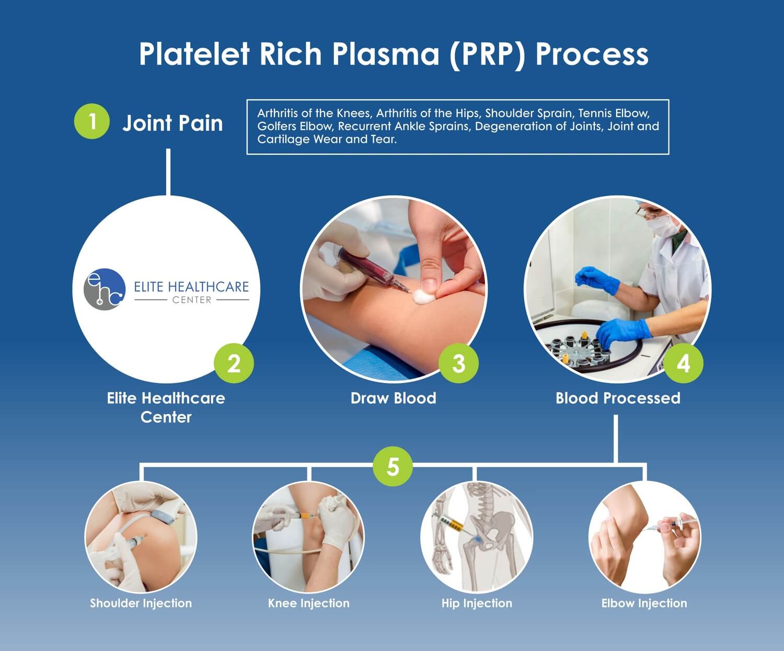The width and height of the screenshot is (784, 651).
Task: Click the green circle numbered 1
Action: [92, 121]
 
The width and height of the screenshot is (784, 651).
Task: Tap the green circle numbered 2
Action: [234, 363]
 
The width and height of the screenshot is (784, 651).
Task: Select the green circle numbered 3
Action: [458, 363]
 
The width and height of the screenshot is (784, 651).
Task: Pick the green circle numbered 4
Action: [683, 363]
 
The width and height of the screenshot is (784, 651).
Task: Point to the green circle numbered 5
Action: [393, 465]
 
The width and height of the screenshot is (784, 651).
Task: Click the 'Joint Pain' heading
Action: [172, 123]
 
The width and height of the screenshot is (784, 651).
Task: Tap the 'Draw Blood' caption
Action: [393, 398]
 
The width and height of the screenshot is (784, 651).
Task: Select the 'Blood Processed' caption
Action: [618, 398]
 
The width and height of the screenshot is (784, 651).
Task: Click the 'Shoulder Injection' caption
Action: [141, 603]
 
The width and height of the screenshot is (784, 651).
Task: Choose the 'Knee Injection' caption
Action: [308, 603]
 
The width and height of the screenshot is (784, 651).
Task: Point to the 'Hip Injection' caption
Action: [477, 603]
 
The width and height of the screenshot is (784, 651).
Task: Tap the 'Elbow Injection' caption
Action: [644, 603]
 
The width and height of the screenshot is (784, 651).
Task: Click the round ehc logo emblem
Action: [105, 289]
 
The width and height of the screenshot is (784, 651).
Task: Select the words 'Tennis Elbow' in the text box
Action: [614, 113]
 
